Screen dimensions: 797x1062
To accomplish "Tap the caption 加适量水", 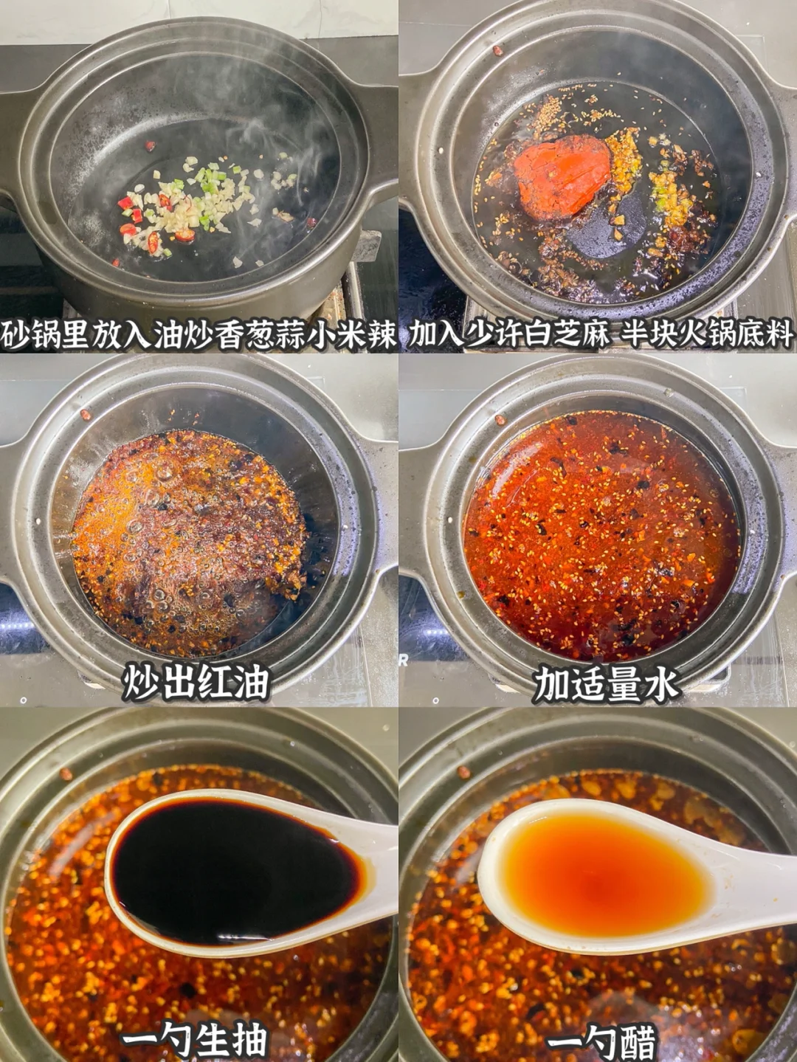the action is [605, 683].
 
